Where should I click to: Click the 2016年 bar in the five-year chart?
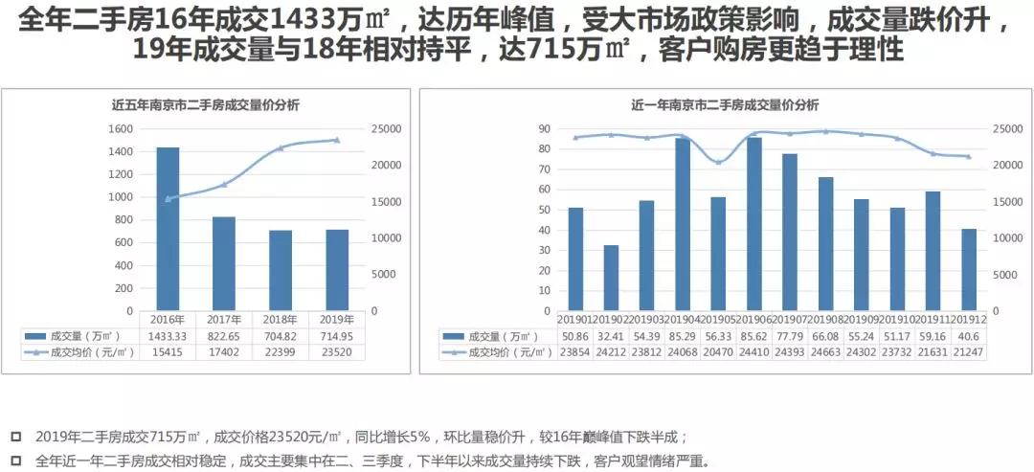tap(168, 229)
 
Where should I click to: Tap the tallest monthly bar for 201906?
tap(754, 224)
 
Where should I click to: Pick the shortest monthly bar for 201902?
tap(611, 278)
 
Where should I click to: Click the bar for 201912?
tap(969, 269)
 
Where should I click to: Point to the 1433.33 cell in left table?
tap(168, 336)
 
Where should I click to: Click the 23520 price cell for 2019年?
tap(336, 352)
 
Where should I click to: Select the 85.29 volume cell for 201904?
tap(683, 336)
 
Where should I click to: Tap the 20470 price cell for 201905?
tap(718, 352)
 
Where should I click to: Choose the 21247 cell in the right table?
tap(969, 352)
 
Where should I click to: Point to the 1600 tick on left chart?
tap(120, 129)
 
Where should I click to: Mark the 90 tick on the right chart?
tap(543, 129)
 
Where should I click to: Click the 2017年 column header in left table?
tap(224, 320)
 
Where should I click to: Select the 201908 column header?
tap(825, 320)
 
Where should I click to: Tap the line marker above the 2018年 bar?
tap(281, 148)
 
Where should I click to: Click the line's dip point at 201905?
tap(718, 163)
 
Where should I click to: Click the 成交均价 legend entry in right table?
tap(498, 352)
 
